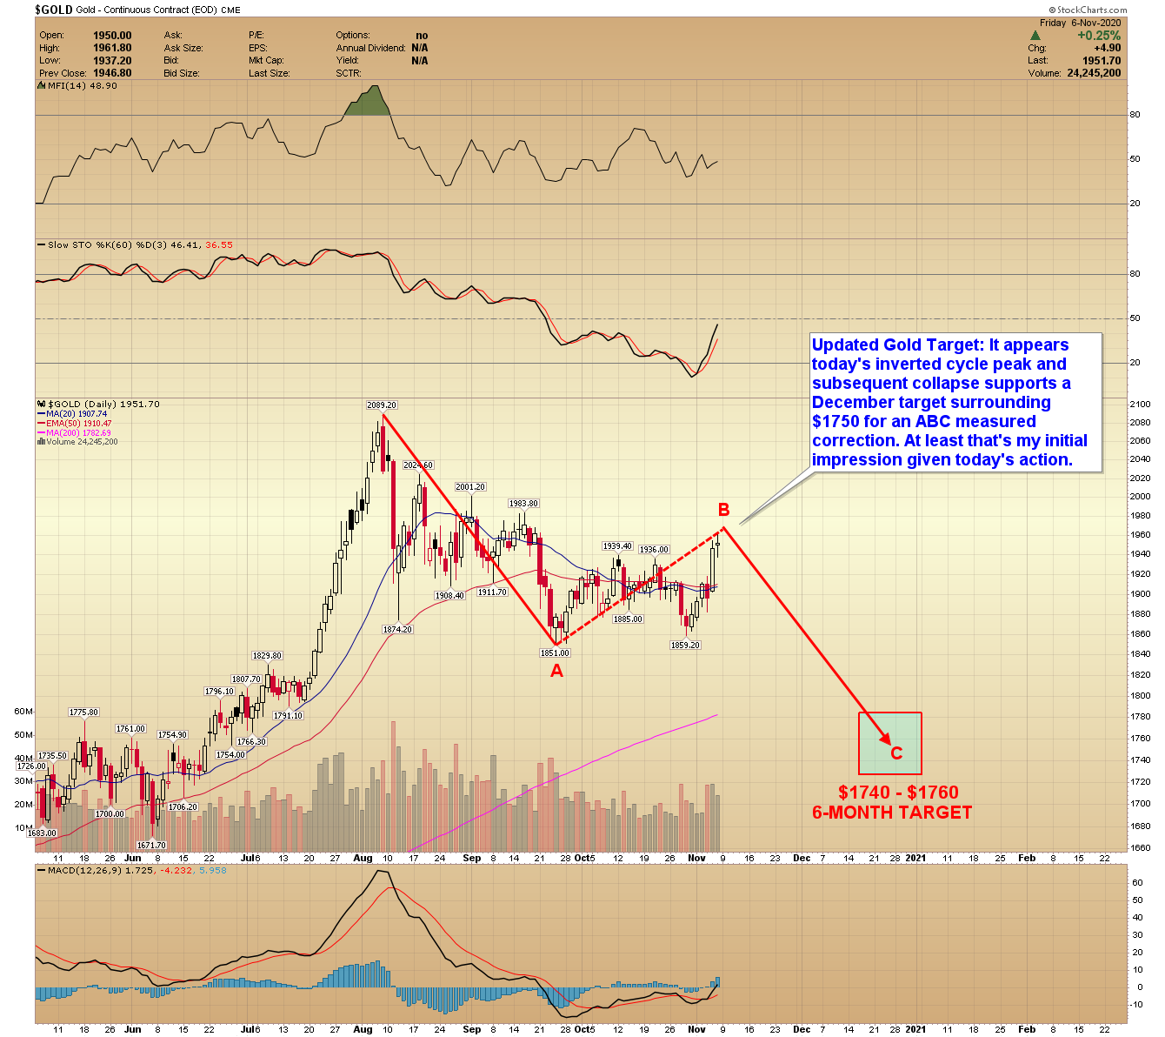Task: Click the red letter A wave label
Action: (x=556, y=671)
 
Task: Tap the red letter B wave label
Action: (x=723, y=510)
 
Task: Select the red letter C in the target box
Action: (x=896, y=753)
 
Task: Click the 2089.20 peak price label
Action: (x=382, y=405)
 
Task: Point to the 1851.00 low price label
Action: (x=555, y=652)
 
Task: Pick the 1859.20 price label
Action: (x=685, y=646)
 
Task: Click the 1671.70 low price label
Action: (x=151, y=846)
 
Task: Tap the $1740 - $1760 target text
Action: (x=898, y=793)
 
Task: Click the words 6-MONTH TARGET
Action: (x=892, y=813)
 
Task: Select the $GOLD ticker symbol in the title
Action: (x=53, y=10)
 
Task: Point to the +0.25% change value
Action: (x=1099, y=36)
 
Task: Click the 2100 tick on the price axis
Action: (x=1140, y=405)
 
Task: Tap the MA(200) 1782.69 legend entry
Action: (x=78, y=432)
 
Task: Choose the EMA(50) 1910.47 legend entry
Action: (x=78, y=424)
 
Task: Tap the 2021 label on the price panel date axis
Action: (x=915, y=858)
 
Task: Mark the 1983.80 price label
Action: (x=523, y=504)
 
